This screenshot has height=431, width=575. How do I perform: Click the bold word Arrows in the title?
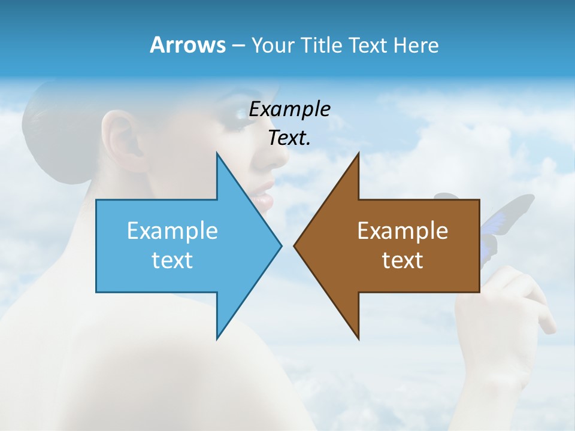tap(187, 45)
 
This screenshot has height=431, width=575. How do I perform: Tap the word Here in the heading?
tap(416, 45)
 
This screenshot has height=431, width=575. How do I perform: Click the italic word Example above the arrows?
tap(289, 110)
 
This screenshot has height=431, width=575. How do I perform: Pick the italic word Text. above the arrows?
tap(289, 138)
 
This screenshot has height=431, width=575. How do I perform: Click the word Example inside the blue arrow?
tap(172, 231)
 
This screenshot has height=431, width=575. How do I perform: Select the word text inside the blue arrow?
tap(172, 260)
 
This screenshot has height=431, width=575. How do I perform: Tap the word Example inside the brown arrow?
tap(402, 231)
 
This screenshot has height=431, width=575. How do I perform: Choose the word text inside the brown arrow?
tap(402, 260)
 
